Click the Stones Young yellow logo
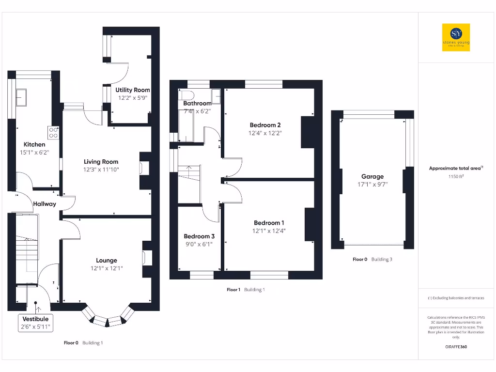click(456, 37)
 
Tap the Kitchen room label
click(34, 144)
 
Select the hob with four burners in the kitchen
click(53, 132)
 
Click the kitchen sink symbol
click(22, 97)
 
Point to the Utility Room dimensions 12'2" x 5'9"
click(133, 97)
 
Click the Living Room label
click(101, 162)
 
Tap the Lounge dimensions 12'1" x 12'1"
click(107, 268)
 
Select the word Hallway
click(45, 204)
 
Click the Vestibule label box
click(36, 323)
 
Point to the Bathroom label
click(197, 103)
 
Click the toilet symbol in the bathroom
click(188, 94)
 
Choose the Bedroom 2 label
click(265, 124)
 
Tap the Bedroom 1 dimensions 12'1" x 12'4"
click(269, 231)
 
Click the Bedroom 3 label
click(199, 236)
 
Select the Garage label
click(372, 176)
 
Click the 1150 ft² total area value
click(456, 177)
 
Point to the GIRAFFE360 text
click(456, 347)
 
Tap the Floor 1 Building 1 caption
click(246, 290)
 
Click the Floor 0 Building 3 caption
click(372, 260)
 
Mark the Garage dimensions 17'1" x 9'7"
click(372, 185)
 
